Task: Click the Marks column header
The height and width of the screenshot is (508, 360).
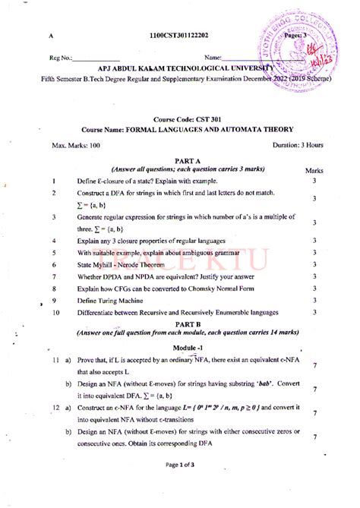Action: click(314, 172)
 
